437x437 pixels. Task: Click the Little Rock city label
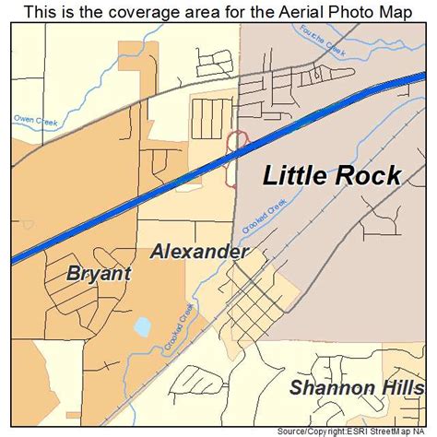tap(333, 175)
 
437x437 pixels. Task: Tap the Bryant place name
tap(100, 274)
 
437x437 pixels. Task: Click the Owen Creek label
tap(35, 119)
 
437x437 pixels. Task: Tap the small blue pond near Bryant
tap(142, 327)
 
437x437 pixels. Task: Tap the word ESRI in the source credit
tap(351, 431)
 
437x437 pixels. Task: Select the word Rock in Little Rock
tap(367, 175)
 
